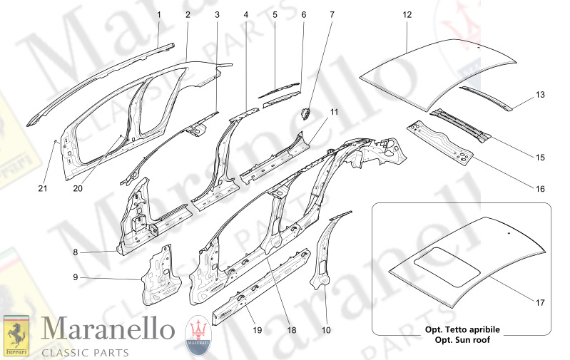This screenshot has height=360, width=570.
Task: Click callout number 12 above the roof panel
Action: coord(407,15)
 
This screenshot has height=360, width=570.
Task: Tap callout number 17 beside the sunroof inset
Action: coord(540,302)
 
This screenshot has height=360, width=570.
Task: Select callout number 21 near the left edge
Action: coord(43,188)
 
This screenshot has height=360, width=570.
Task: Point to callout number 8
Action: coord(75,252)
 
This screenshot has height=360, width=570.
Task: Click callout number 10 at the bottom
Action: coord(326,330)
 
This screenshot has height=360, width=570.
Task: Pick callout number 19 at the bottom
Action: coord(257,330)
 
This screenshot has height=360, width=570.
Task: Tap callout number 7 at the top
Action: coord(332,15)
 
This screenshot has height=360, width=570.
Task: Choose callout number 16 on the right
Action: coord(540,188)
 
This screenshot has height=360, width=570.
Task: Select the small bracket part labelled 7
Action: coord(305,114)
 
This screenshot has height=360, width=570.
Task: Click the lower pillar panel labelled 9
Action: coord(161,275)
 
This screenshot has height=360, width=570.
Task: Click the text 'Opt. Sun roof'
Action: coord(462,340)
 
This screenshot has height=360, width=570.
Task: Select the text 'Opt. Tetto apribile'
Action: coord(462,330)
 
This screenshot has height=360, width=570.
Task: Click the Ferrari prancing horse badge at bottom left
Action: coord(16,336)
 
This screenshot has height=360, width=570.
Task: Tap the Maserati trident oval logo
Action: coord(198,335)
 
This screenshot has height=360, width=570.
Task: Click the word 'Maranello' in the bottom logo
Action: coord(108,329)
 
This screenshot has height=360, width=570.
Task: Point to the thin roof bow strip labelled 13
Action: coord(486,98)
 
